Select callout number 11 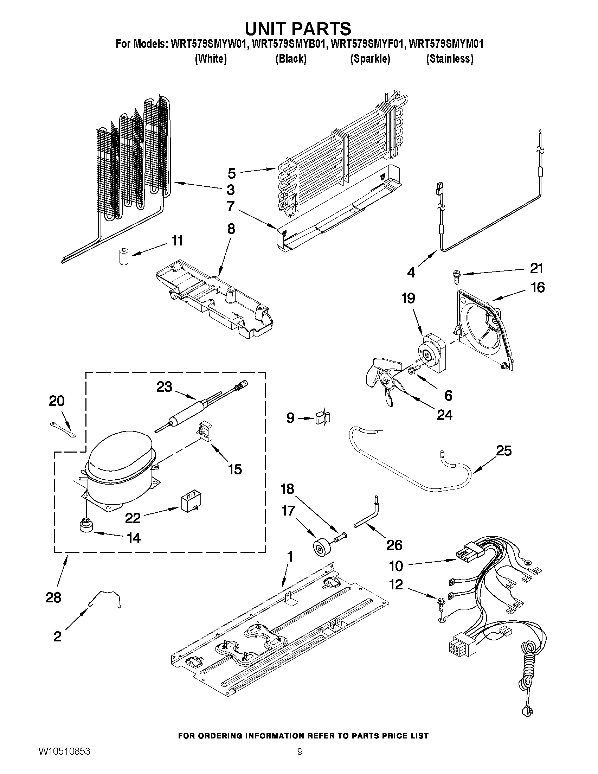click(x=177, y=241)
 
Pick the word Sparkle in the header click(x=370, y=58)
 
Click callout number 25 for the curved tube click(x=503, y=450)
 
